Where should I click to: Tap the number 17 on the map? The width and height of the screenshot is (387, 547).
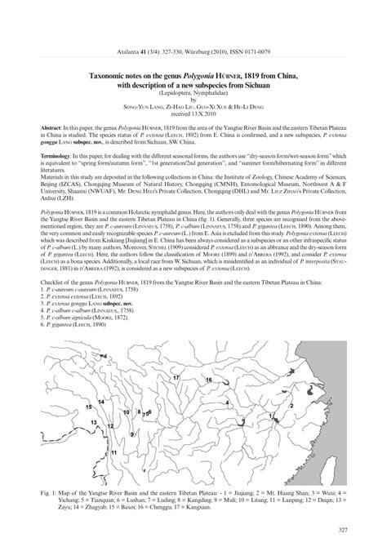[176, 378]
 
